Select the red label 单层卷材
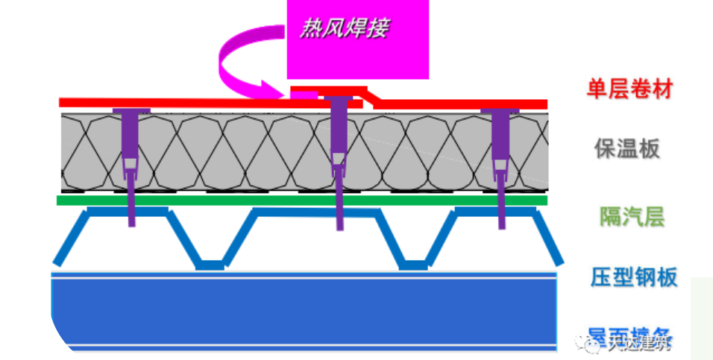630,90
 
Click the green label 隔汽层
632,217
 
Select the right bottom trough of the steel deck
413,264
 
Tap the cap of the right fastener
500,112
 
